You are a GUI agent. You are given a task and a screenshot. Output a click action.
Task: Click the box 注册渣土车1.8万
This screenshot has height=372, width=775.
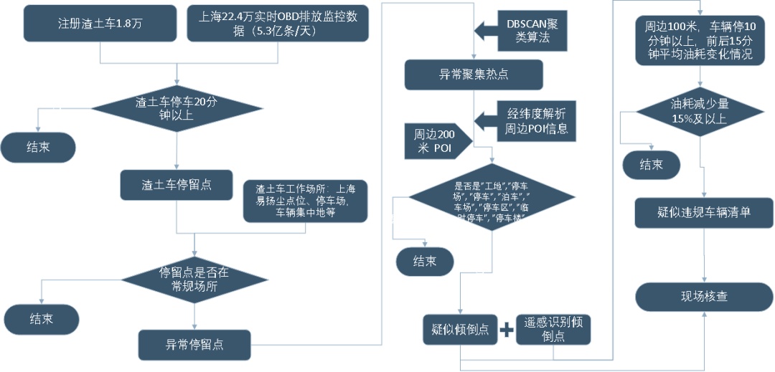pyautogui.click(x=100, y=24)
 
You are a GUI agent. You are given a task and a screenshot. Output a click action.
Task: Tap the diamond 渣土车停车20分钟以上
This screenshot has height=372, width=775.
pyautogui.click(x=177, y=109)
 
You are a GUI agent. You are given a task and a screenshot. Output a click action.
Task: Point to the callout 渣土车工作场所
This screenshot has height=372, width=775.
pyautogui.click(x=306, y=201)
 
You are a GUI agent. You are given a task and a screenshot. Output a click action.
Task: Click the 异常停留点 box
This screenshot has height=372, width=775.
pyautogui.click(x=194, y=345)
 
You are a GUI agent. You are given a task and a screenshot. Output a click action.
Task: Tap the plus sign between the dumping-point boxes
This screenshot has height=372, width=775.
pyautogui.click(x=507, y=330)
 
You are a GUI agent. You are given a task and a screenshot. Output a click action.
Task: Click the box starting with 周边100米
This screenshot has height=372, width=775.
pyautogui.click(x=693, y=39)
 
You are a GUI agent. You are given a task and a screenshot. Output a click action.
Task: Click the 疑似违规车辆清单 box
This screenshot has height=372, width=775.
pyautogui.click(x=704, y=213)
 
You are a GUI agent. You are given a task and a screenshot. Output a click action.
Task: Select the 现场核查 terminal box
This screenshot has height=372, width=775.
pyautogui.click(x=704, y=297)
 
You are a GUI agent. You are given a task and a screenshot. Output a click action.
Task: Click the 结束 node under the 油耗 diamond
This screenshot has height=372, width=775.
pyautogui.click(x=651, y=164)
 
